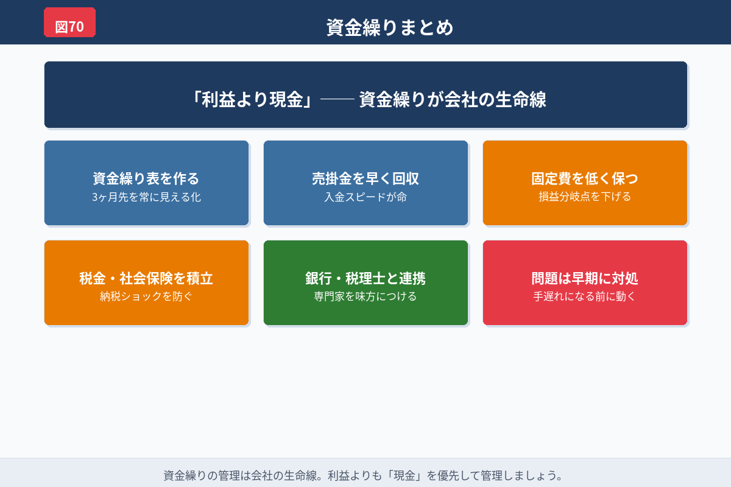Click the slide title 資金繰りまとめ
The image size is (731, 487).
[390, 27]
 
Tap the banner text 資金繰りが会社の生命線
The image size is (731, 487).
[453, 99]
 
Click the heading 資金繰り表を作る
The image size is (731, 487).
[146, 178]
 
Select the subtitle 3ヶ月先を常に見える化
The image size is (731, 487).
[146, 197]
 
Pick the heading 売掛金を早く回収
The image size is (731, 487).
[365, 178]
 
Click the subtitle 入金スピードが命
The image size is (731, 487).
[365, 197]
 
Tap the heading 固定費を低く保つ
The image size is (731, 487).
[585, 178]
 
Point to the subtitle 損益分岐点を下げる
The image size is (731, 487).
[585, 197]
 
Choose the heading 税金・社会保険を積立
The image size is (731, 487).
[146, 278]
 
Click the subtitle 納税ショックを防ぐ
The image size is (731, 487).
[146, 297]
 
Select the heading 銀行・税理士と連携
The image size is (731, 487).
[365, 278]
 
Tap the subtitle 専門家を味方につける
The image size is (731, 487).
[365, 297]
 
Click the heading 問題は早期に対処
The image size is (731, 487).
[585, 278]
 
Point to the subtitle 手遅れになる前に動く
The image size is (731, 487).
[585, 297]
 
